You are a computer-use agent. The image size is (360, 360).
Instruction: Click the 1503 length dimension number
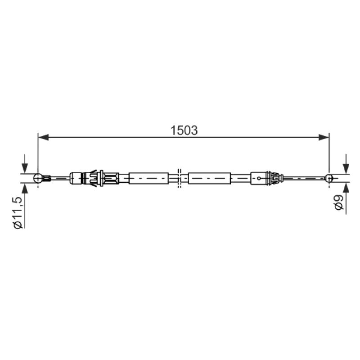tap(184, 130)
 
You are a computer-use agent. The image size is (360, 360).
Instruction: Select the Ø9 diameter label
tap(339, 202)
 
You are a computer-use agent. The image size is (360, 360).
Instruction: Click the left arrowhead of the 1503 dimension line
tap(43, 137)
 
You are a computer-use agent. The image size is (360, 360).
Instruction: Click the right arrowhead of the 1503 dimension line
tap(324, 137)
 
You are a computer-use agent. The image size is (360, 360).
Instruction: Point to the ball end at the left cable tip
tap(38, 178)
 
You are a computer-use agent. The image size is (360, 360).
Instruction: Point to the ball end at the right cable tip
tap(329, 178)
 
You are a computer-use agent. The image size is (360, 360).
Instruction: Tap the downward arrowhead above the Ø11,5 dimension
tap(24, 168)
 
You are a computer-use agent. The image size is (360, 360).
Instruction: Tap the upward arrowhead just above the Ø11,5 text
tap(24, 188)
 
